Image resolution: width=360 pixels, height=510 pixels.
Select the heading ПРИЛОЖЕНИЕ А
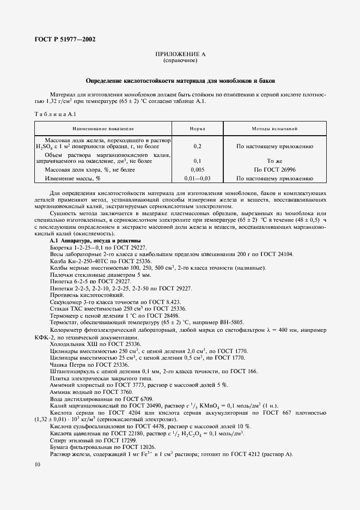coord(180,54)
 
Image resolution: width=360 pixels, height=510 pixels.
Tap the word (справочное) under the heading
coord(180,60)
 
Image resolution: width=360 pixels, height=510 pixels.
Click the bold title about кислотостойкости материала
coord(180,81)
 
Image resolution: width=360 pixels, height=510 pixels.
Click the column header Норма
coord(197,129)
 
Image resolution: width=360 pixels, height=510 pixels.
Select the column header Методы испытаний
coord(274,129)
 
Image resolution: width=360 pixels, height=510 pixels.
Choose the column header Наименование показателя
coord(102,129)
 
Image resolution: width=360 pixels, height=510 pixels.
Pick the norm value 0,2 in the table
coord(197,147)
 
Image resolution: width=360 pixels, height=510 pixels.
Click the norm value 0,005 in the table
coord(197,170)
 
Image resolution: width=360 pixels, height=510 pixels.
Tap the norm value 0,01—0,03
coord(197,178)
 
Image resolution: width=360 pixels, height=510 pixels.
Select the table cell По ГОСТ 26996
coord(274,170)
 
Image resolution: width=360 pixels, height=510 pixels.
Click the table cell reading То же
coord(274,161)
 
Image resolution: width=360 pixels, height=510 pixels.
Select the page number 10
coord(36,464)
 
